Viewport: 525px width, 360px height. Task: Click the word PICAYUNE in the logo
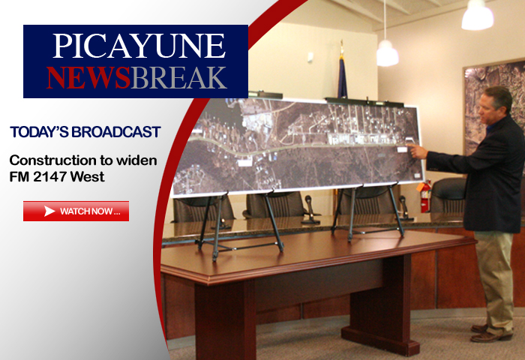[x=139, y=46]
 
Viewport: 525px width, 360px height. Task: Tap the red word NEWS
[x=88, y=77]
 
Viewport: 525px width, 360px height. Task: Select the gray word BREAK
[x=178, y=77]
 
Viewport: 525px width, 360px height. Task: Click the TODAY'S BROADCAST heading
[x=85, y=132]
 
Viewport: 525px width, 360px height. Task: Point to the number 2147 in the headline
[x=49, y=176]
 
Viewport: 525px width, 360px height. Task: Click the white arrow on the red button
[x=49, y=211]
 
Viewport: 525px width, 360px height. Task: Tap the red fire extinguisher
[x=425, y=197]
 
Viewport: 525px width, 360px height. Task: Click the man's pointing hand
[x=417, y=150]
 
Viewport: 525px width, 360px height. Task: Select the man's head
[x=495, y=105]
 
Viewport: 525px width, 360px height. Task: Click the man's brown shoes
[x=490, y=332]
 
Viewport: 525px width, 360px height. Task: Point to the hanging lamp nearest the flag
[x=388, y=53]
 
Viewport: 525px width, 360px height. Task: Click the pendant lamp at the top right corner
[x=478, y=15]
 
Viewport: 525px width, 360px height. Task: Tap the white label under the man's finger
[x=402, y=149]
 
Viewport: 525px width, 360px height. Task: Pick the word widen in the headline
[x=136, y=160]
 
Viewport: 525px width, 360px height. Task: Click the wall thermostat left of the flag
[x=310, y=57]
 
